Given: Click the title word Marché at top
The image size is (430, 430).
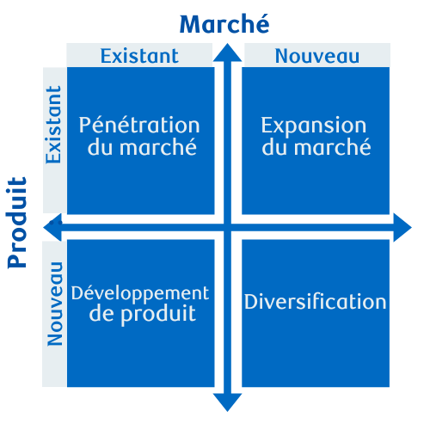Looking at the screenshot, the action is coord(224,24).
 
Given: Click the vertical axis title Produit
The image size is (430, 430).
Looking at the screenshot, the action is coord(17,223).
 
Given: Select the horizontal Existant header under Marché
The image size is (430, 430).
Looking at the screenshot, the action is coord(139,56).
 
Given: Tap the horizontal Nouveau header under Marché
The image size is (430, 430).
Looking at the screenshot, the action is coord(317,56).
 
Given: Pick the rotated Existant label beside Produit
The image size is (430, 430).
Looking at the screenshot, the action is coord(53,125).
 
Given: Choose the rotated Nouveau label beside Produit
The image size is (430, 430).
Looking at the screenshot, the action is coord(54,304).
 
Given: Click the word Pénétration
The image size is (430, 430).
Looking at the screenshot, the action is coord(139,125).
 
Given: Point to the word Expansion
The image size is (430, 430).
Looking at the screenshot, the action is coord(314,126).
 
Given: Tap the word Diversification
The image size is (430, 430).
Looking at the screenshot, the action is coord(316,302).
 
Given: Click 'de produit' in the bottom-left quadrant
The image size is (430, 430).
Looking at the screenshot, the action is coord(143,314).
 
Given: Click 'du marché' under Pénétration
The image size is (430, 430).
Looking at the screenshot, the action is coord(142,147).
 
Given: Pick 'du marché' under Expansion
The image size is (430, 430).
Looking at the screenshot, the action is coord(316,147).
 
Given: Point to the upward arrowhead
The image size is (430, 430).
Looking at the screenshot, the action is coord(227,53).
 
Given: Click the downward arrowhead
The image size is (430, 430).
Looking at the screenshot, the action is coord(227,402).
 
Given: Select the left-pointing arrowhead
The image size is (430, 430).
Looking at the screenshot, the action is coord(52,227).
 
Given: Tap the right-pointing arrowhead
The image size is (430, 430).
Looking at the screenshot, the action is coord(402,227).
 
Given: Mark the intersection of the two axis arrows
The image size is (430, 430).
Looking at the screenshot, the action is coord(227,228).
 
